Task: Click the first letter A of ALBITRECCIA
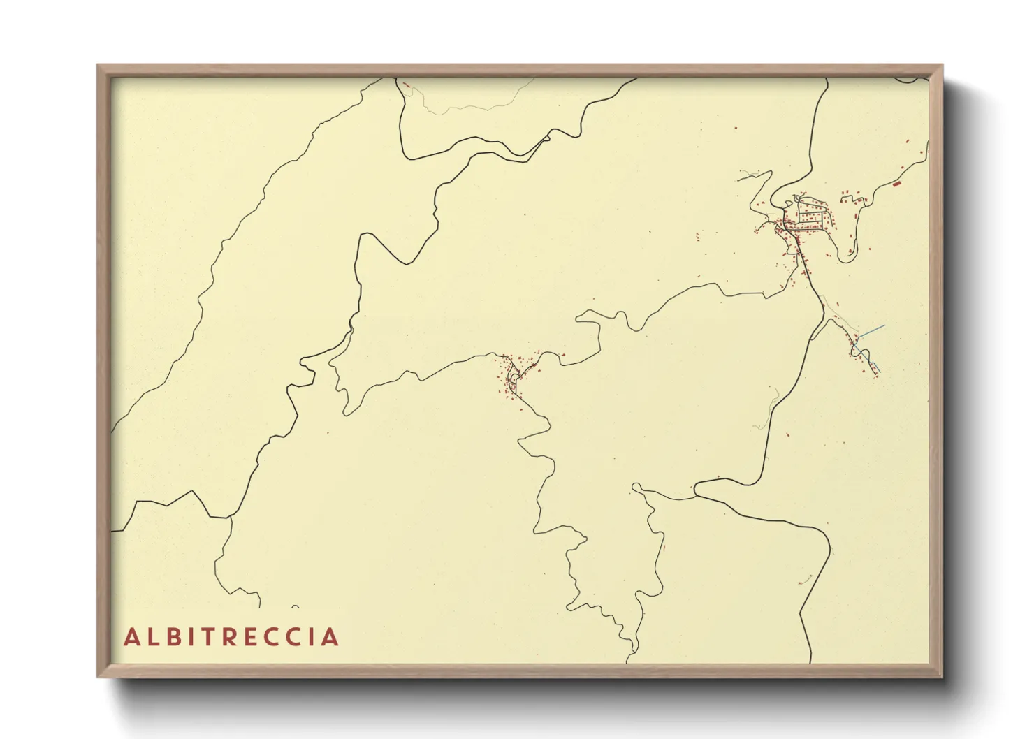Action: [x=131, y=637]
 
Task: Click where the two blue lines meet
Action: [x=859, y=338]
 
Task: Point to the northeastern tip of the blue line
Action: [x=884, y=326]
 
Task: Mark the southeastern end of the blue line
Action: [x=880, y=371]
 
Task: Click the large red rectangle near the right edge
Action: [x=896, y=184]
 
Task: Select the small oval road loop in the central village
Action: [x=514, y=379]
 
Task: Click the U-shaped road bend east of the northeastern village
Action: [x=846, y=256]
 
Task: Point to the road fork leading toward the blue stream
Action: [x=827, y=320]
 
